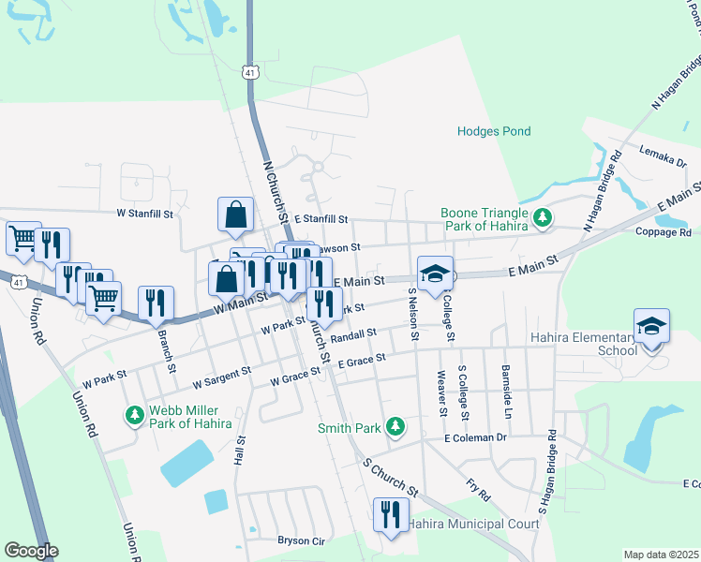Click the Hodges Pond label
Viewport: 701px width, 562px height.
(494, 132)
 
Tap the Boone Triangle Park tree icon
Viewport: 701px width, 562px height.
(542, 218)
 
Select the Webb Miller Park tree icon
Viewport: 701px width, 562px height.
(135, 414)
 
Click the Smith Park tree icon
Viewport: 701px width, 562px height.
(395, 427)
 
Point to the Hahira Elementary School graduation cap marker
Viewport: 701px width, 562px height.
(651, 328)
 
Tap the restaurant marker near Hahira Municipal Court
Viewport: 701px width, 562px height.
(390, 514)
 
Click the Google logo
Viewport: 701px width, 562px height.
(30, 550)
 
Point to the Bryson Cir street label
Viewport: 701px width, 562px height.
(300, 540)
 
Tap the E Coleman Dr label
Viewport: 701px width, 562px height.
(475, 437)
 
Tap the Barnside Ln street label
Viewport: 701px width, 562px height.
(507, 392)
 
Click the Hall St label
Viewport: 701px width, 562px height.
(240, 451)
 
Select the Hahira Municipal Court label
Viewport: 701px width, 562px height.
(474, 523)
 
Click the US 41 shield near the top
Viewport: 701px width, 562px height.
(248, 71)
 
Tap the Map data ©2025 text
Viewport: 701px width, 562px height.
(660, 555)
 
